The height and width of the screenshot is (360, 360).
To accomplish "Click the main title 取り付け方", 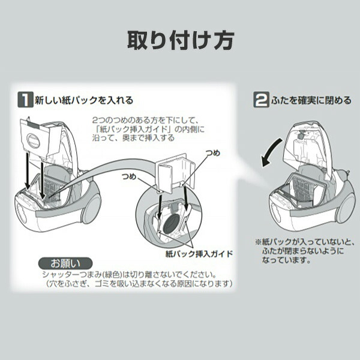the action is tap(181, 40).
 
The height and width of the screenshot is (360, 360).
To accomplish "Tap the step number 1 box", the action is tap(25, 100).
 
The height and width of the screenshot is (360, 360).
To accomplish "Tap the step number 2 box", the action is tap(261, 100).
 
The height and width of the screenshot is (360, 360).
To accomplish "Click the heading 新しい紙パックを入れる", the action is tap(84, 100).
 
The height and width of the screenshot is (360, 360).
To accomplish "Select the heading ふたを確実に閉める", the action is tap(311, 100).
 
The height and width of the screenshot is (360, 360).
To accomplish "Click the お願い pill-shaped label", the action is tap(65, 263).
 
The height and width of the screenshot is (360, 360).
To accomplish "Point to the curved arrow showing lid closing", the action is tap(271, 152).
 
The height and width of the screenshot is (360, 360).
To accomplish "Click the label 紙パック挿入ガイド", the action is tap(199, 254).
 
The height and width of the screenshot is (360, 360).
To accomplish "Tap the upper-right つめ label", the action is tap(212, 153).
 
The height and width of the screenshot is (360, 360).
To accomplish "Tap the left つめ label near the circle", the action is tap(129, 176).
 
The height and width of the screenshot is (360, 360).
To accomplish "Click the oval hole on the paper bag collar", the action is tap(33, 140).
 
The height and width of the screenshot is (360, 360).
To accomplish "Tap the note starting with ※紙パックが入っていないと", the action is tap(305, 251).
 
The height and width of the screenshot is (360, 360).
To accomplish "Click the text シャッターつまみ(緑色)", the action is tap(82, 275).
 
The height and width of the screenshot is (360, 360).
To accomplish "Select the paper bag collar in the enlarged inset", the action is tap(175, 173).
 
